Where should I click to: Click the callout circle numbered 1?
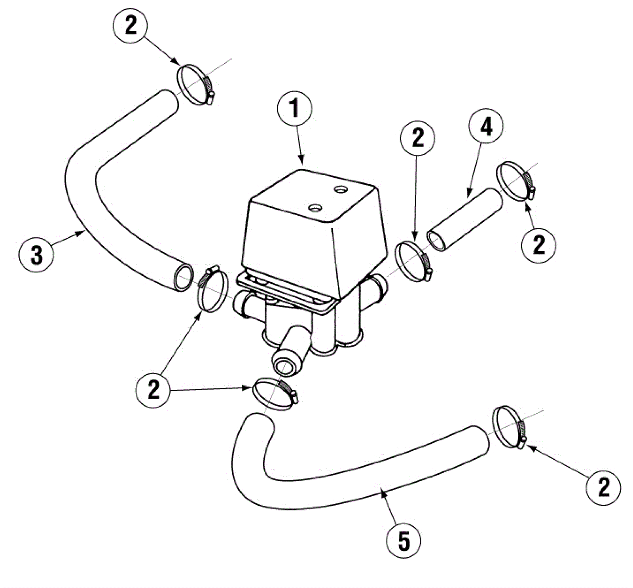294,108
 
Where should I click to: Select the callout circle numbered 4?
486,127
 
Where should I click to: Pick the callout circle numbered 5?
404,541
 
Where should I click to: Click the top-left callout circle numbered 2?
130,25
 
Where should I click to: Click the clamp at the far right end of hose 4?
515,180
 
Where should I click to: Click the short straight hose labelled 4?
465,220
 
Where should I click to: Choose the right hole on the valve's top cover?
340,190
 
